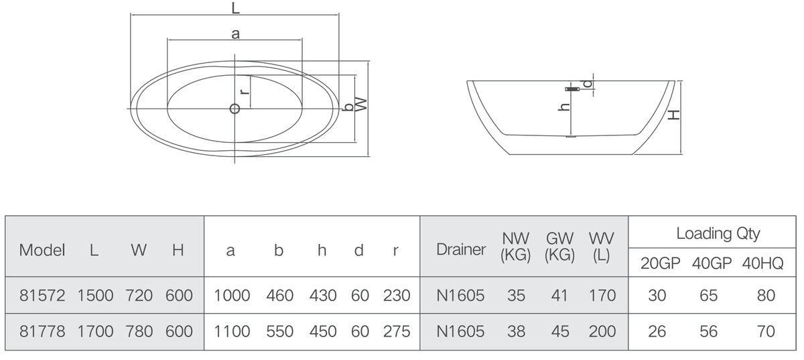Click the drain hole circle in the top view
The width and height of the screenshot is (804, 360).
click(x=234, y=109)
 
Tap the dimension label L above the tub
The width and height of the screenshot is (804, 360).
click(x=235, y=7)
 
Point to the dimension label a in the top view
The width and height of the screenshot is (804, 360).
click(x=235, y=34)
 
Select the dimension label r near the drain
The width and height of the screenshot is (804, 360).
click(x=245, y=91)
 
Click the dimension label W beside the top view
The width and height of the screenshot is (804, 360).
click(x=362, y=104)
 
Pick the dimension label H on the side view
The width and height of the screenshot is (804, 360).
click(x=675, y=115)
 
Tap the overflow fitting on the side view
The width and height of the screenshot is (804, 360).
click(x=572, y=88)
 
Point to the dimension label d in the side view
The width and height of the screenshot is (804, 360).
click(x=587, y=84)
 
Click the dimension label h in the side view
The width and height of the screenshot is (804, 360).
click(x=564, y=107)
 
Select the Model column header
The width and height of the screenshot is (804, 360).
click(x=42, y=250)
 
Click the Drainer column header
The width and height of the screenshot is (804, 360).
click(x=461, y=249)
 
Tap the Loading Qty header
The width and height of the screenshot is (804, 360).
click(x=718, y=233)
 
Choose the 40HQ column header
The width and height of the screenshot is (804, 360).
click(x=762, y=263)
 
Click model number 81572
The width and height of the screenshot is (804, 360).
click(x=42, y=296)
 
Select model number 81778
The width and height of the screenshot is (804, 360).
click(x=42, y=331)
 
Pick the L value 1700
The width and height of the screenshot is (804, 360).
click(x=95, y=331)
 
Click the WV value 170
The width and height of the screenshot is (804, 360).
click(x=602, y=296)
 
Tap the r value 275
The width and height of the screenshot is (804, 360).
click(x=397, y=331)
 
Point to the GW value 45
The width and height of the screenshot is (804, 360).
click(x=560, y=331)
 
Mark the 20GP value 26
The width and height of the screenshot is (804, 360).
click(x=657, y=331)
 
